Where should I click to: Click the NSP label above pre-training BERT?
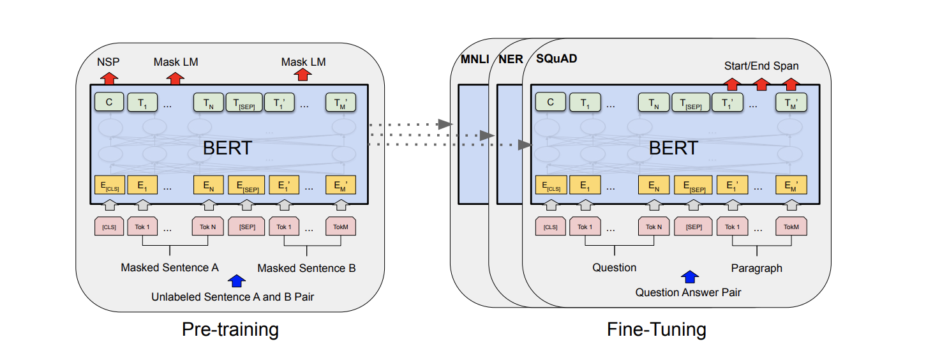pos(108,62)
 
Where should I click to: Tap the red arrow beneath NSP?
pos(109,77)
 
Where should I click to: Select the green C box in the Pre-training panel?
pos(108,101)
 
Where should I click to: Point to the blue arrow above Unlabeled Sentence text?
pos(237,280)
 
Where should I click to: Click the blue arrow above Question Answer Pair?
pos(690,276)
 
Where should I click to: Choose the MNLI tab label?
pos(474,60)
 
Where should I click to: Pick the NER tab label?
pos(511,60)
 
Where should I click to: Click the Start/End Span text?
pos(761,66)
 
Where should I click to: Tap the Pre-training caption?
pos(230,329)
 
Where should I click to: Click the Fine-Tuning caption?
pos(656,329)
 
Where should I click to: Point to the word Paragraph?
pos(756,268)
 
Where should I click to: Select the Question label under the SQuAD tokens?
pos(614,267)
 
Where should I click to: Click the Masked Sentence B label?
pos(306,268)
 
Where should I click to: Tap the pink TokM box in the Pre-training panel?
pos(341,227)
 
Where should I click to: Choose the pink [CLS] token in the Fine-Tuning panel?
pos(550,227)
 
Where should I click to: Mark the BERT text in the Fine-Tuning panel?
pos(673,148)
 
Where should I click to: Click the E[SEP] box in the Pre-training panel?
pos(246,186)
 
